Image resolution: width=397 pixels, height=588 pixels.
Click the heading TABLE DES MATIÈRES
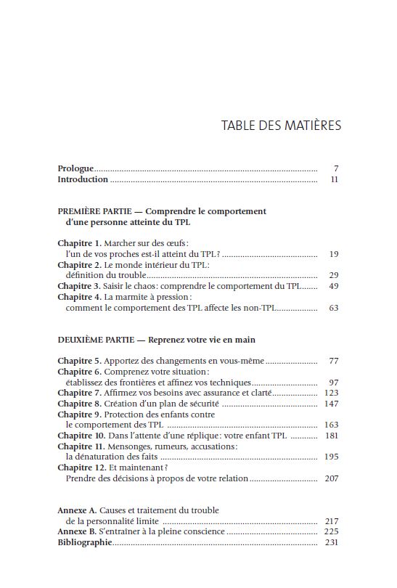[281, 126]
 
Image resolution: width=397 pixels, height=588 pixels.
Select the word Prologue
[75, 168]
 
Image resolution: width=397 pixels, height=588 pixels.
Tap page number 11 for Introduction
[334, 179]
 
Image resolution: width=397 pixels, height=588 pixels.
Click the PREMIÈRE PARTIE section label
[94, 211]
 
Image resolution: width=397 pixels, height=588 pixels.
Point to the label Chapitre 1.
[79, 243]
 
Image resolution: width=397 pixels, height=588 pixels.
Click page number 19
[333, 254]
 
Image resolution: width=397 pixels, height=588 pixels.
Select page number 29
[333, 275]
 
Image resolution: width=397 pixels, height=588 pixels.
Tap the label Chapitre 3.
[79, 286]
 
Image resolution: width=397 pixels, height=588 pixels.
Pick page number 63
[333, 308]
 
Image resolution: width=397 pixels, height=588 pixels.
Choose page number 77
[333, 361]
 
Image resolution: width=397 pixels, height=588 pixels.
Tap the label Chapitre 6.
[79, 372]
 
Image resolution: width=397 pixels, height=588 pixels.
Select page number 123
[332, 393]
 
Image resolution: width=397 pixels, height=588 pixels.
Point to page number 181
[332, 436]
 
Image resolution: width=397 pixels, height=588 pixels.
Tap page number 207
[332, 478]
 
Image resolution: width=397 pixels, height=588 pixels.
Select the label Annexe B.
[77, 532]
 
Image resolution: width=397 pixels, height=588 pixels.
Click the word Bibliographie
[84, 542]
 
